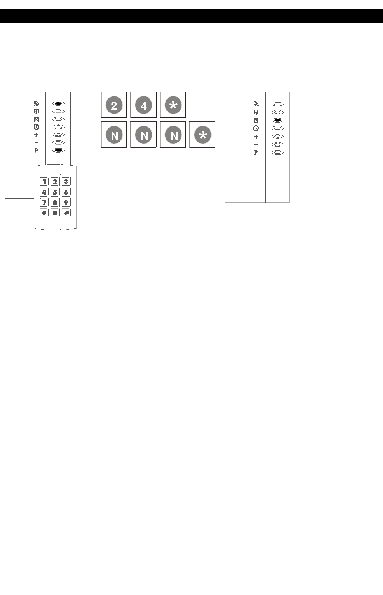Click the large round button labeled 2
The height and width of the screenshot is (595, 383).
114,105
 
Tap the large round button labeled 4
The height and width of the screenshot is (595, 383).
143,105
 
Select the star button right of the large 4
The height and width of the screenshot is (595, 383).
173,105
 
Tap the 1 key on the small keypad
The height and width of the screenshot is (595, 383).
44,182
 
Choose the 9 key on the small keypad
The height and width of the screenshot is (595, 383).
66,202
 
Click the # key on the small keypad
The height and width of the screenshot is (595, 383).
66,213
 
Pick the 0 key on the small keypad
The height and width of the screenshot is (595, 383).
55,213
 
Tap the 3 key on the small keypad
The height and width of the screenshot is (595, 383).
66,182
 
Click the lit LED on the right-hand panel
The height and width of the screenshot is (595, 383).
278,120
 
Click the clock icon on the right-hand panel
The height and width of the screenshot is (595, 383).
256,128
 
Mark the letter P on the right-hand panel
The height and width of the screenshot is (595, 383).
256,153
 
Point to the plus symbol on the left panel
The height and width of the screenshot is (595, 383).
37,135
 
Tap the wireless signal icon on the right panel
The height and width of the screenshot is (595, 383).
256,104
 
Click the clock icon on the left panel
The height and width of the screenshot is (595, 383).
37,127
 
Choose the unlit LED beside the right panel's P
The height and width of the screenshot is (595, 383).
278,152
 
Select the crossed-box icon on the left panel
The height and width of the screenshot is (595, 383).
37,119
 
